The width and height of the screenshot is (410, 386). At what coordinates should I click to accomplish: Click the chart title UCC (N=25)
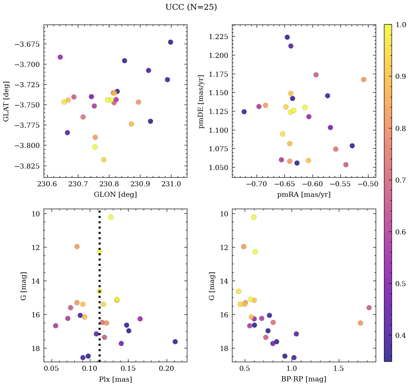[x=191, y=7]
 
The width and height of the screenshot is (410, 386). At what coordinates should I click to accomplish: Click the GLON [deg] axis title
[x=115, y=195]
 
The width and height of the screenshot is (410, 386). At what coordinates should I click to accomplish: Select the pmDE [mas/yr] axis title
[x=201, y=101]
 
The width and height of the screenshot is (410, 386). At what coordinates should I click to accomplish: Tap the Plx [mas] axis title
[x=115, y=379]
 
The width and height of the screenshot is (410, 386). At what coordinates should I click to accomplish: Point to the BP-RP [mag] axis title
[x=304, y=379]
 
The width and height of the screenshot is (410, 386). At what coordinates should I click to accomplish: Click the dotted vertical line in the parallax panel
[x=100, y=275]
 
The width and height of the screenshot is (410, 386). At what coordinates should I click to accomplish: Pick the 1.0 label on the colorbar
[x=401, y=25]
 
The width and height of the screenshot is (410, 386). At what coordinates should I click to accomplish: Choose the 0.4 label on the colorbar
[x=401, y=335]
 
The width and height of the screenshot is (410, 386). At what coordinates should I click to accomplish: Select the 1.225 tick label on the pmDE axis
[x=218, y=37]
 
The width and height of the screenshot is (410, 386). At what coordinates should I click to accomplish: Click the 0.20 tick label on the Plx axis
[x=167, y=369]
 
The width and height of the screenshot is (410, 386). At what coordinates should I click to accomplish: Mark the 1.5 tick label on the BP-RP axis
[x=339, y=369]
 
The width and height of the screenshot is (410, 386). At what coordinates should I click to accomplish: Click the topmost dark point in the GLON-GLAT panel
[x=170, y=42]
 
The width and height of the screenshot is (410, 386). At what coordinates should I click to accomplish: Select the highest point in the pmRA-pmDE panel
[x=287, y=37]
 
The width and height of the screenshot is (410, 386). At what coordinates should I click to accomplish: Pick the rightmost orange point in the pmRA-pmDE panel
[x=363, y=80]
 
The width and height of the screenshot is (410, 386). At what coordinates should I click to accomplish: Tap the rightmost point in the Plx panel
[x=175, y=342]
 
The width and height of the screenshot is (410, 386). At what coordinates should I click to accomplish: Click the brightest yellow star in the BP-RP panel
[x=254, y=217]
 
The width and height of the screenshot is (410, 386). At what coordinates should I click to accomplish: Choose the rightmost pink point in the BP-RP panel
[x=369, y=307]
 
